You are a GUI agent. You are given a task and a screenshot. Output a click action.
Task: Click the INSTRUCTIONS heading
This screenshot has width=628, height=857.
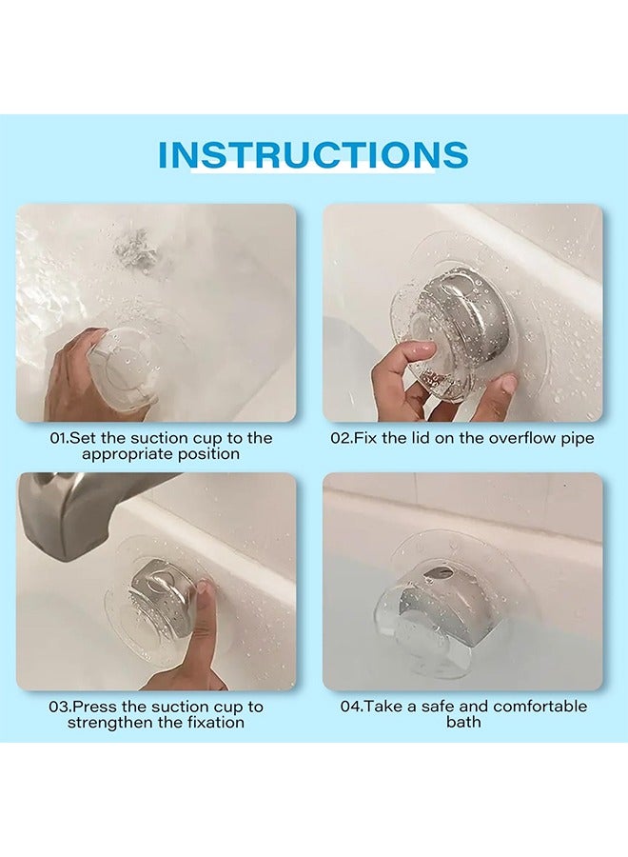[313, 154]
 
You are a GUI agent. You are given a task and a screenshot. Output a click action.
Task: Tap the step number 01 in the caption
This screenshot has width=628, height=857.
[57, 438]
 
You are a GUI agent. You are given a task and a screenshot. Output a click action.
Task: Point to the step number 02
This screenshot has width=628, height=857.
[339, 438]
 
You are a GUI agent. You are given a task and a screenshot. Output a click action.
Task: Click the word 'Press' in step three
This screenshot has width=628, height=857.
[97, 707]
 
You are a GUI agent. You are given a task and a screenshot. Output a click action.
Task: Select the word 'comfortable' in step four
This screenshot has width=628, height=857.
[540, 707]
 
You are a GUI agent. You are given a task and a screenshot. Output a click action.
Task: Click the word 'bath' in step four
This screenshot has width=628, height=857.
[463, 722]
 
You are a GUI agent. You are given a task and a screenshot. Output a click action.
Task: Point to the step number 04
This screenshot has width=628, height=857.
[349, 707]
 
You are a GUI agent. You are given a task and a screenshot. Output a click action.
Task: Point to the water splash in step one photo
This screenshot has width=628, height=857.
[136, 249]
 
